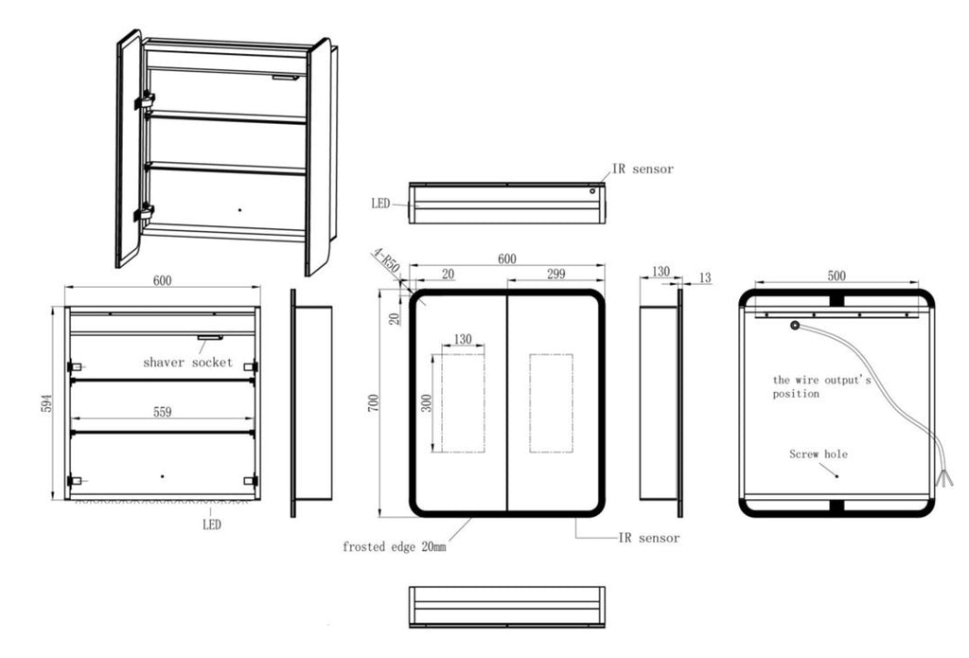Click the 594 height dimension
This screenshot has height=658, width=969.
point(47,403)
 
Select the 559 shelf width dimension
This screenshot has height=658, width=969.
point(162,412)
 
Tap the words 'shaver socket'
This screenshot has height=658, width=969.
point(188,363)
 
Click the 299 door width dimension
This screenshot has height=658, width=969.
point(556,274)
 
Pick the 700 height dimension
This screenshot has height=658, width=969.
point(373,404)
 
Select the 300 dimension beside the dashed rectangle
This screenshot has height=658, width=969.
point(427,404)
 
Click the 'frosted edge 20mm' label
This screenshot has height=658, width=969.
point(395,546)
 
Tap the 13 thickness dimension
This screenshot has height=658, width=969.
point(705,278)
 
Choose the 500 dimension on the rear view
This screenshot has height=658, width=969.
point(837,276)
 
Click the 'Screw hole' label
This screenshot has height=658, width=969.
point(819,453)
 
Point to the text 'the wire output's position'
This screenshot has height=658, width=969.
point(822,386)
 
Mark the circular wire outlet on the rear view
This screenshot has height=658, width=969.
point(795,326)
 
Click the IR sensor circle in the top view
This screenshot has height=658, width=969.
point(592,191)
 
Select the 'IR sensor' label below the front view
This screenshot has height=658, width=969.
point(649,538)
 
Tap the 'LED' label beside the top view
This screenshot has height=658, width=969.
point(380,204)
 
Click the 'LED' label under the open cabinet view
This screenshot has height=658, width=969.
point(212,525)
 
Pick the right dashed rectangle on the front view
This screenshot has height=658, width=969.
point(552,403)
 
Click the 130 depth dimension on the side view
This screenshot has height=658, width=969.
point(661,272)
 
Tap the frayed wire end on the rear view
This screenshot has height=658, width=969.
point(946,478)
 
